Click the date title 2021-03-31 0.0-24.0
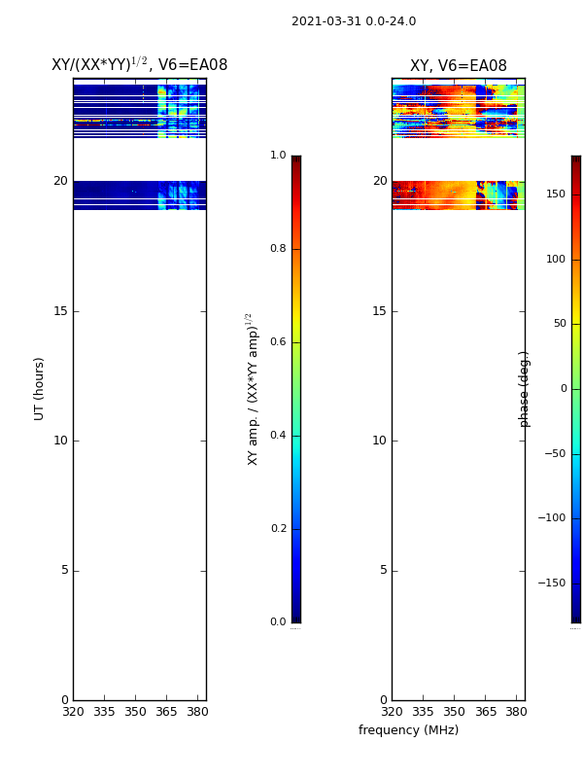pos(354,21)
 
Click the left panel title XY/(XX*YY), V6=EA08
pos(139,65)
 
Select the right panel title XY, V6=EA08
pos(458,66)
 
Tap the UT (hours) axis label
pos(40,388)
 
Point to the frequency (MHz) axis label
pos(408,730)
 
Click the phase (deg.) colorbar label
pos(525,389)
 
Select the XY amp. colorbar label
pos(252,389)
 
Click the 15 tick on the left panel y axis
pos(60,311)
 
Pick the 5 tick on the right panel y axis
pos(380,570)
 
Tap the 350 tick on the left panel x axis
pos(136,711)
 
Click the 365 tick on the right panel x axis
pos(485,711)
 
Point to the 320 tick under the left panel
pos(73,711)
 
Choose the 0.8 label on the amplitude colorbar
pos(277,249)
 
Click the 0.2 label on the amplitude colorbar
pos(277,529)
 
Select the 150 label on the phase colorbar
pos(556,194)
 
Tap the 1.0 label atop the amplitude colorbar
pos(277,156)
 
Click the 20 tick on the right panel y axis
pos(379,181)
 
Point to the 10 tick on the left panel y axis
pos(60,441)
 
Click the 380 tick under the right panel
pos(516,711)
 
